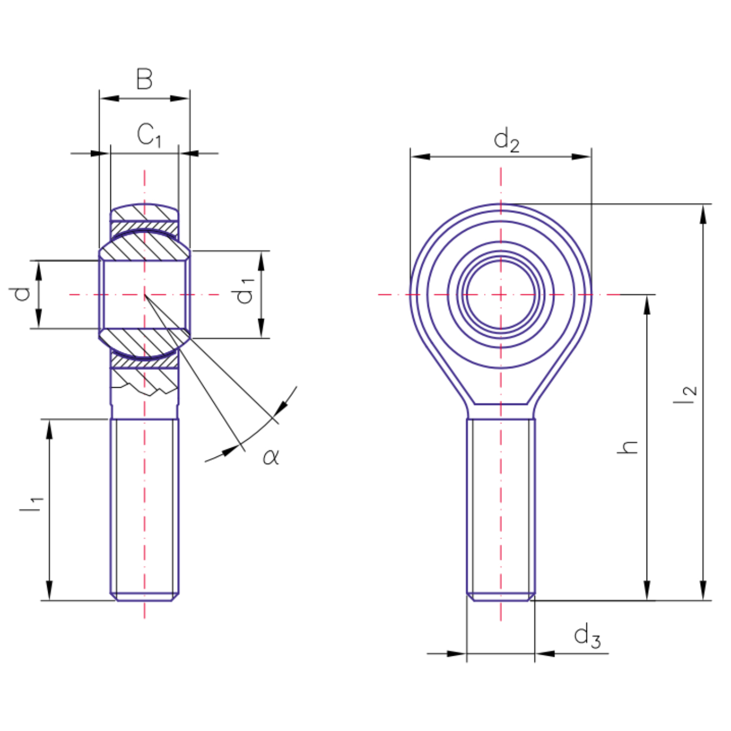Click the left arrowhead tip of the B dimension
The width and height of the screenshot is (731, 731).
click(x=100, y=99)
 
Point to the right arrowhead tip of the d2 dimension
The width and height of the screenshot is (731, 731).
click(x=591, y=156)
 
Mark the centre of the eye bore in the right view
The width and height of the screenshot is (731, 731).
click(x=501, y=295)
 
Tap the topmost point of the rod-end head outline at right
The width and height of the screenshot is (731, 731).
click(x=501, y=204)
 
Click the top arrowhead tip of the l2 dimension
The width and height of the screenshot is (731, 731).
click(x=703, y=205)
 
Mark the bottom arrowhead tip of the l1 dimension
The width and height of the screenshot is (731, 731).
click(x=49, y=600)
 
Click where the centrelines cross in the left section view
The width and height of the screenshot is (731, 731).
click(x=145, y=295)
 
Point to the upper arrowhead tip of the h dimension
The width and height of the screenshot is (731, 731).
click(x=647, y=296)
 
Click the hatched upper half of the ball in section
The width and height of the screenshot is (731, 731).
click(x=145, y=246)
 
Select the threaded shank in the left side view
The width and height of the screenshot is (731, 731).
click(x=145, y=510)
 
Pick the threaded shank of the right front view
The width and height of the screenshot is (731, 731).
click(x=501, y=510)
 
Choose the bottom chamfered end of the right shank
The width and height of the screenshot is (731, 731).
click(x=501, y=597)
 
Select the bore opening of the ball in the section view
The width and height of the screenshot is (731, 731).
click(x=145, y=295)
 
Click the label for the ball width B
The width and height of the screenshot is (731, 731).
click(x=145, y=79)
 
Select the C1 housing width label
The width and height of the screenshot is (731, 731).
click(x=149, y=135)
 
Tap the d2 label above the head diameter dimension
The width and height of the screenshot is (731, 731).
click(x=506, y=140)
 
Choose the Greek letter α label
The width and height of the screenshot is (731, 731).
click(x=271, y=456)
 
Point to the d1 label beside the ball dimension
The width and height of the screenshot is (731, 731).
click(x=244, y=291)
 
